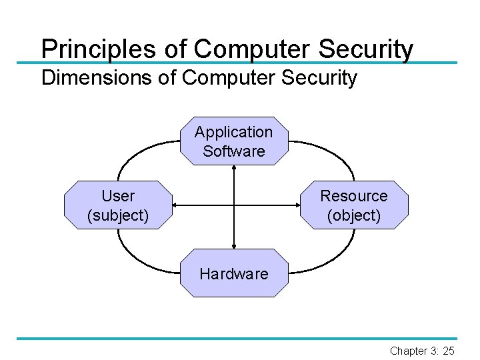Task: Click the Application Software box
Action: click(234, 141)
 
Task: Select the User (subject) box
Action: click(118, 205)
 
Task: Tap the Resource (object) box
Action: click(353, 205)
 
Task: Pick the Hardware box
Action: click(234, 273)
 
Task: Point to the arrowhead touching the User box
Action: click(176, 205)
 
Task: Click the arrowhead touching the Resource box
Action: click(297, 205)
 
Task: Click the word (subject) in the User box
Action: click(118, 216)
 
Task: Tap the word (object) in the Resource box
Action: click(353, 216)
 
